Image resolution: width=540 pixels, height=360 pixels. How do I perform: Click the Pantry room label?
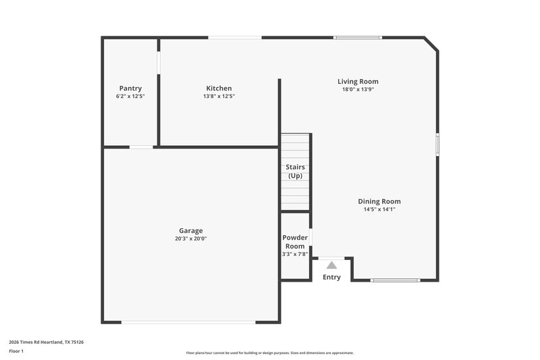[130, 88]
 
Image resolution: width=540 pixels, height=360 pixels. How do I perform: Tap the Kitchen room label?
[219, 88]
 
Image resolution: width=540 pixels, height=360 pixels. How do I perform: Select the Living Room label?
[358, 82]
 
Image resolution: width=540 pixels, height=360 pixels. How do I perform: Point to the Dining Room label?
[379, 201]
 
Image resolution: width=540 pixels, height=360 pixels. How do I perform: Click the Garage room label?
[190, 230]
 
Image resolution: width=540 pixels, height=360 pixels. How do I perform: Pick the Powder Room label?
[295, 242]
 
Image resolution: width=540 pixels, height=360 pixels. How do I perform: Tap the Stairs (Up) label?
[295, 171]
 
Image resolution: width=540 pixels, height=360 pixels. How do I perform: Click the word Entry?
[331, 278]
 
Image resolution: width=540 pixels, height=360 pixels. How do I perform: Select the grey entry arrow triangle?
[331, 265]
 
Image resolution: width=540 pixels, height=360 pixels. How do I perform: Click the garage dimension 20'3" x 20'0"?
[190, 238]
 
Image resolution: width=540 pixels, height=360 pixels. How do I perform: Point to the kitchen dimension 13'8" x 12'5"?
[219, 97]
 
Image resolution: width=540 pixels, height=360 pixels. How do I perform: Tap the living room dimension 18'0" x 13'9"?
[358, 89]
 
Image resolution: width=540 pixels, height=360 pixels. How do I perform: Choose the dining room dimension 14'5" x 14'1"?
[379, 209]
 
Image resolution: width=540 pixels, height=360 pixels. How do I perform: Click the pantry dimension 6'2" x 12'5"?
[130, 97]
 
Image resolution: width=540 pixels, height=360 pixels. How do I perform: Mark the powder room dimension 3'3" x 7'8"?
[295, 254]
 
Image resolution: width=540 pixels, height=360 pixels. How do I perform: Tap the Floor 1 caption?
[16, 351]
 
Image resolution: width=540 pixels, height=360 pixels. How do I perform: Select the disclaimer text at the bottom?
[269, 353]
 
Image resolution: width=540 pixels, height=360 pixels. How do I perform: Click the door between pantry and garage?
[141, 147]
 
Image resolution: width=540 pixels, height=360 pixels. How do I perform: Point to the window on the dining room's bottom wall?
[395, 280]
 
